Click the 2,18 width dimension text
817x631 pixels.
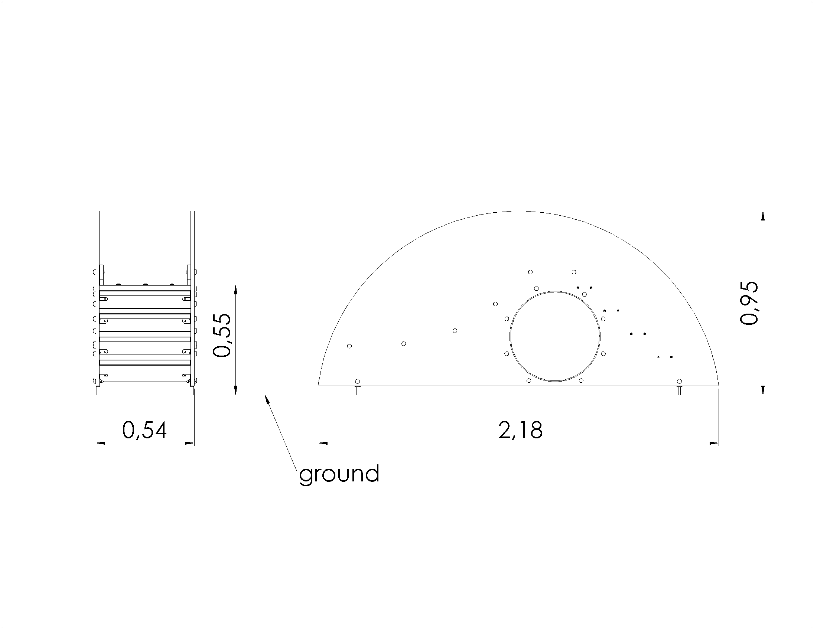[x=520, y=430]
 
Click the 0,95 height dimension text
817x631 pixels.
[x=749, y=303]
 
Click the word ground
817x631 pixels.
[x=339, y=474]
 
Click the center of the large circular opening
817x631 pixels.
[x=555, y=336]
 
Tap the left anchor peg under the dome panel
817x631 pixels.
[x=358, y=390]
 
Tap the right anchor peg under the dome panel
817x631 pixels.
[x=679, y=390]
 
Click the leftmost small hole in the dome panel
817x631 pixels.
[x=349, y=346]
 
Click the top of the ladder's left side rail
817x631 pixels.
[x=98, y=212]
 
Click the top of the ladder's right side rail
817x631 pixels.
[x=193, y=212]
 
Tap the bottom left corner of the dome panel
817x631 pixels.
[x=318, y=385]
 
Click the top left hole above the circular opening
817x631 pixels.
[x=530, y=272]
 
